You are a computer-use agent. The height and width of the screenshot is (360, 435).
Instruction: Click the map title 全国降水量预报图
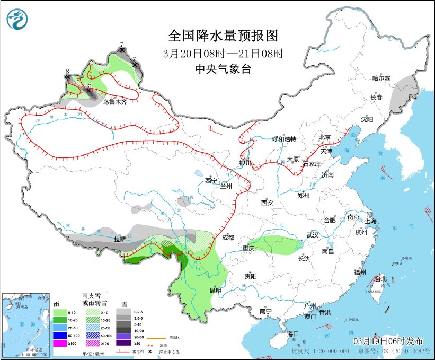pyautogui.click(x=223, y=36)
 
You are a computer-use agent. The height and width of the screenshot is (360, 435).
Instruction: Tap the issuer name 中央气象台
pyautogui.click(x=223, y=68)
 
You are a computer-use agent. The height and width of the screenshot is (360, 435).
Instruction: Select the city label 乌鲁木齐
pyautogui.click(x=115, y=102)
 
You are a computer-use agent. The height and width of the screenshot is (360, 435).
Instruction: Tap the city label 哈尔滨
pyautogui.click(x=381, y=78)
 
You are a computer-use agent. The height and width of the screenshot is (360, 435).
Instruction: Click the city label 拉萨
pyautogui.click(x=120, y=239)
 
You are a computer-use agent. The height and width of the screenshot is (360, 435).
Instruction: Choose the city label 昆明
pyautogui.click(x=216, y=290)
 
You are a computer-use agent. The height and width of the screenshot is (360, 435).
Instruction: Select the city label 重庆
pyautogui.click(x=249, y=248)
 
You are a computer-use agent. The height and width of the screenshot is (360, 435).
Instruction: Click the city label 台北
pyautogui.click(x=381, y=279)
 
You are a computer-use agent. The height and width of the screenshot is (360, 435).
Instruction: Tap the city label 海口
pyautogui.click(x=293, y=333)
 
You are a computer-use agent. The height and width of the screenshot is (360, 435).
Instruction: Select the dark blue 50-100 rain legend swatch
pyautogui.click(x=60, y=336)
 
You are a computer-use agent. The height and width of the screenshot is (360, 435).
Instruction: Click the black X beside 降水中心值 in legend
pyautogui.click(x=150, y=352)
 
